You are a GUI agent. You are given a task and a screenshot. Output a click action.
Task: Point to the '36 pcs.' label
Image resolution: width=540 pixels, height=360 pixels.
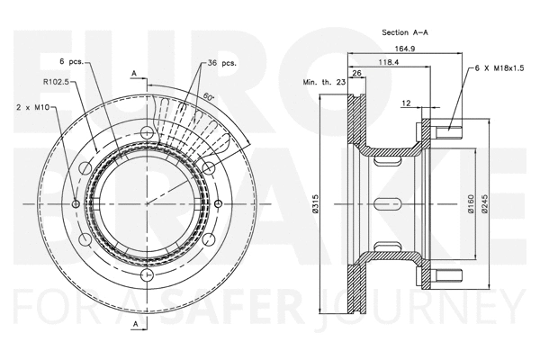[x=221, y=64]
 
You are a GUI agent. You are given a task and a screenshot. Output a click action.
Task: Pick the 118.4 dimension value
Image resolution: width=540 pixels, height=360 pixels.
[x=389, y=64]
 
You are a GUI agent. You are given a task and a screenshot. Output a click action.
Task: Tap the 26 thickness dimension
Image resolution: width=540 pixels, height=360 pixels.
[x=356, y=73]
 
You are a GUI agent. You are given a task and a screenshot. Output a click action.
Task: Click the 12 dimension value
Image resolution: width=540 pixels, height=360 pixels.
[x=407, y=103]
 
